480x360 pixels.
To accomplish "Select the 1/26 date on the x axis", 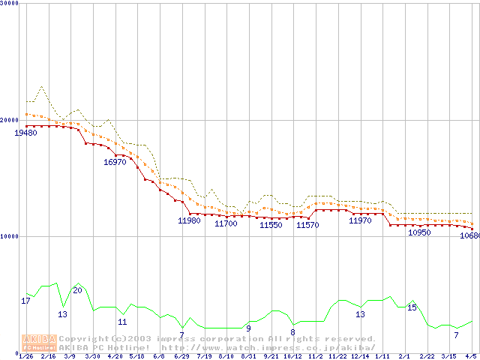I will click(x=25, y=355).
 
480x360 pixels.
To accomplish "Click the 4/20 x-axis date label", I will click(x=115, y=355).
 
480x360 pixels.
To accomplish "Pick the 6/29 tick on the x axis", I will click(x=181, y=355).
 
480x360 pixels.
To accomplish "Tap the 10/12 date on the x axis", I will click(x=292, y=355).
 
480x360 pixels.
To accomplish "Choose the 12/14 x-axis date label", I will click(x=360, y=355).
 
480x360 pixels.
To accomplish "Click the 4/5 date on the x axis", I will click(x=472, y=355).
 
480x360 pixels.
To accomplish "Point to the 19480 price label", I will click(x=25, y=133).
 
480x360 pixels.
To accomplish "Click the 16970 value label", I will click(x=115, y=162).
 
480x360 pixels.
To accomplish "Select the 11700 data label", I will click(x=226, y=223).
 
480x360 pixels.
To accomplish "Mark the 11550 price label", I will click(x=271, y=224).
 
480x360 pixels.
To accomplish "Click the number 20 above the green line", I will click(x=77, y=290).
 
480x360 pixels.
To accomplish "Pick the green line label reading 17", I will click(x=25, y=301).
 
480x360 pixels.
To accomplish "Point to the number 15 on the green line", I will click(x=412, y=307).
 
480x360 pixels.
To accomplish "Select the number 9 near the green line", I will click(x=248, y=328).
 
